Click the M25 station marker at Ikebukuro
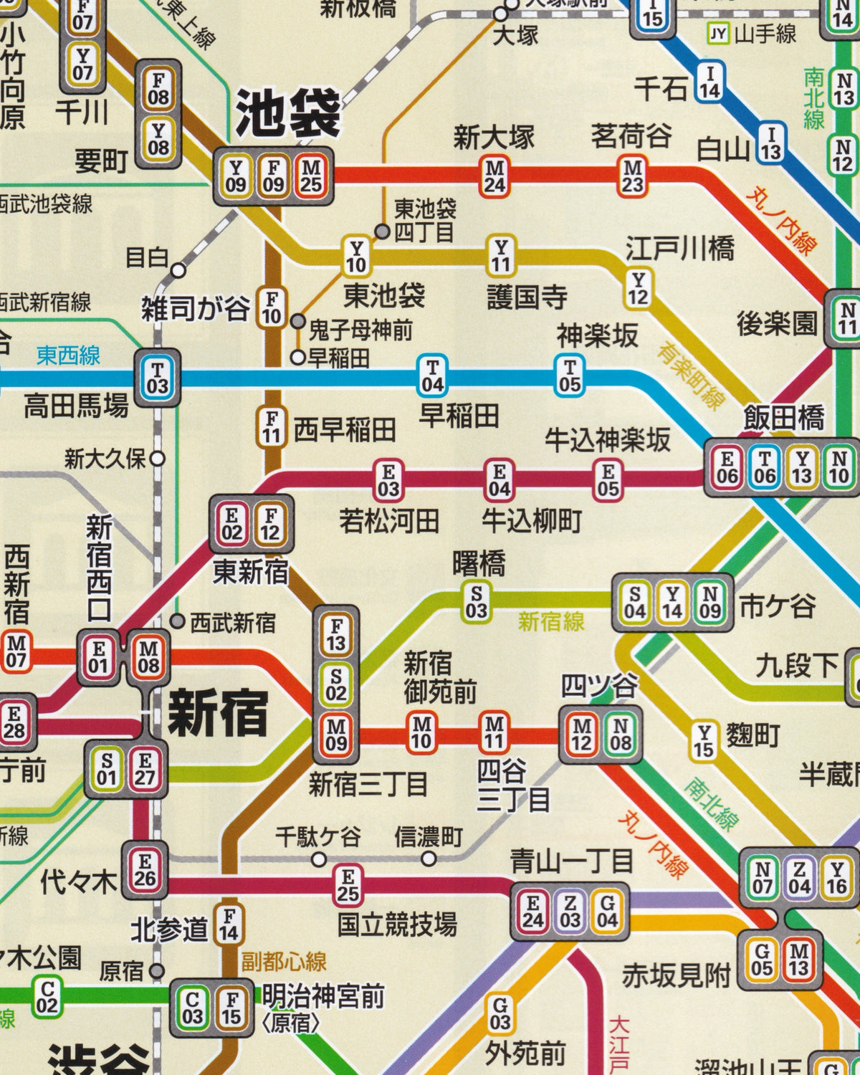[311, 176]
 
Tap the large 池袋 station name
[288, 113]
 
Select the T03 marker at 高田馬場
[157, 378]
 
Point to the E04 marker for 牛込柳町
[500, 480]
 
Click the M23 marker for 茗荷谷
[632, 176]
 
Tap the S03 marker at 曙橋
[477, 601]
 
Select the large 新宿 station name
[217, 713]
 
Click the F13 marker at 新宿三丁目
[336, 634]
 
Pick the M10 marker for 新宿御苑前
[421, 732]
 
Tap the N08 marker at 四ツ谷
[620, 735]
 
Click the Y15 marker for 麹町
[703, 741]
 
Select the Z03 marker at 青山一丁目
[570, 912]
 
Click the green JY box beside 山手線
[718, 33]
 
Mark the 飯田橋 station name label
[783, 417]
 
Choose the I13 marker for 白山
[771, 143]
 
